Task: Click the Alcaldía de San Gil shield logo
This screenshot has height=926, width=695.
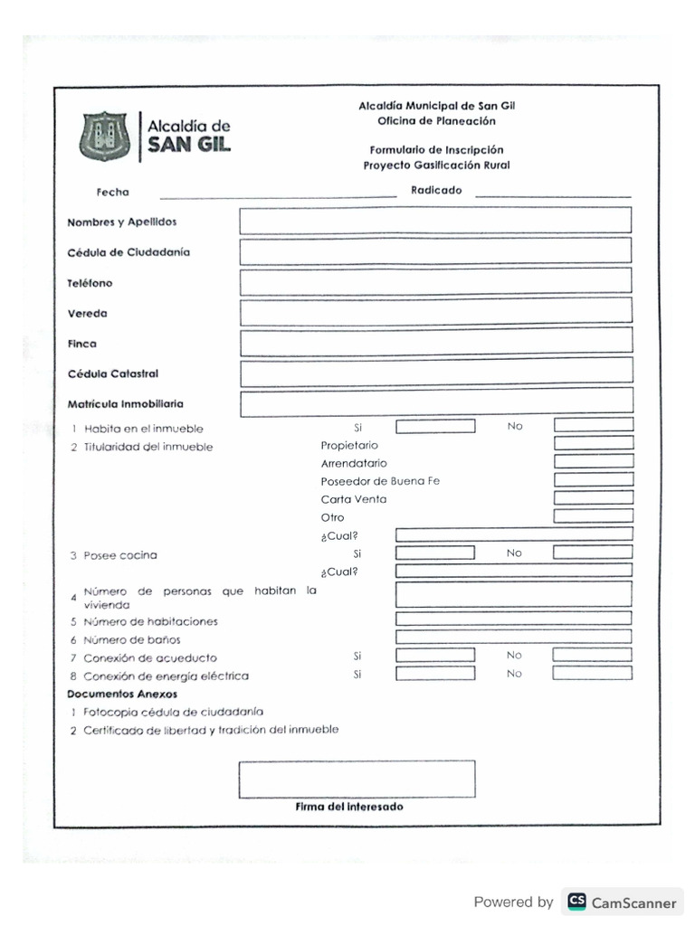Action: tap(104, 137)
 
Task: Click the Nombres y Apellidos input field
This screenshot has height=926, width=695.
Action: tap(435, 221)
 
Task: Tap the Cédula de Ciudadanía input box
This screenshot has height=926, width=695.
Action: tap(435, 251)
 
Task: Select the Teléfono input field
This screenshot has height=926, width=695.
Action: tap(435, 282)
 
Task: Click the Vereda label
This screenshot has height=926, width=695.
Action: tap(87, 314)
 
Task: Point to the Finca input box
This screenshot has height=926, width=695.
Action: tap(435, 342)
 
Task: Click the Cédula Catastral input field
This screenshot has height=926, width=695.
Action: tap(435, 372)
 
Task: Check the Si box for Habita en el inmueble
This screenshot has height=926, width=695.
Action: tap(434, 427)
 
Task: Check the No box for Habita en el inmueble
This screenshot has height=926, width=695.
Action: tap(593, 425)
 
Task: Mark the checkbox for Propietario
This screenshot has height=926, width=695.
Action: tap(593, 443)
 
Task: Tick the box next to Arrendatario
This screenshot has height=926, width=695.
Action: tap(593, 461)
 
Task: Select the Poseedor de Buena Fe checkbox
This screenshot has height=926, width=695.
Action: tap(593, 479)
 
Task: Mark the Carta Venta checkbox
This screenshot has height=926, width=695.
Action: tap(593, 497)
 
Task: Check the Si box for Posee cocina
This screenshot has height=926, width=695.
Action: tap(434, 553)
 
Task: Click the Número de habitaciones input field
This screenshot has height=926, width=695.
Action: tap(513, 619)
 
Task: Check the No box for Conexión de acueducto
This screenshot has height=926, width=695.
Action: tap(593, 655)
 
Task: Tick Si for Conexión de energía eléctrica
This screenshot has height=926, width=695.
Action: tap(434, 674)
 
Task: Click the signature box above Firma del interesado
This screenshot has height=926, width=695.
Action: tap(357, 779)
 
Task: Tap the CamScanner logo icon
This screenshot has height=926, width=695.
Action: tap(576, 902)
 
